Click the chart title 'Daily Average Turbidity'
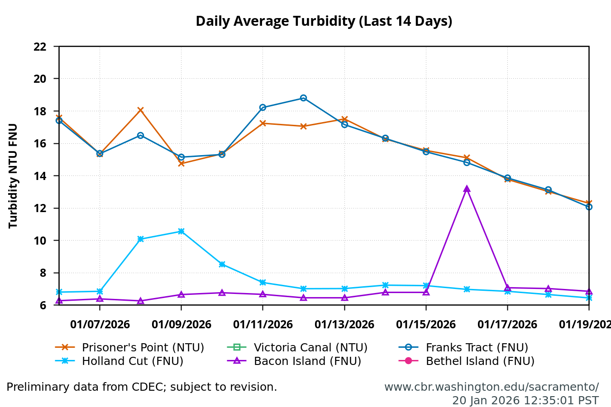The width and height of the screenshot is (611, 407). pyautogui.click(x=324, y=21)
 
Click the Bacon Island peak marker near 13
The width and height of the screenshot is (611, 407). pyautogui.click(x=467, y=189)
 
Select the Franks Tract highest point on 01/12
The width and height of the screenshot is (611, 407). pyautogui.click(x=303, y=98)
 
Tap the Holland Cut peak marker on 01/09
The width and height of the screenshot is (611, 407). pyautogui.click(x=181, y=231)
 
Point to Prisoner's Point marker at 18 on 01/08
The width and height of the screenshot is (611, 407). pyautogui.click(x=140, y=110)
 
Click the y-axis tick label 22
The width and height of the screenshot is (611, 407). pyautogui.click(x=40, y=47)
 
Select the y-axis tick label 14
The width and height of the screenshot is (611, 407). pyautogui.click(x=40, y=176)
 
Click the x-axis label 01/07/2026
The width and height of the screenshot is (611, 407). pyautogui.click(x=100, y=325)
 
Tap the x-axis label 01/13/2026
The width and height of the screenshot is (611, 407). pyautogui.click(x=344, y=325)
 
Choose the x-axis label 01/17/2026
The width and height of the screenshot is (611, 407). pyautogui.click(x=507, y=325)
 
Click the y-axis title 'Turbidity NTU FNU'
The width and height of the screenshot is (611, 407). pyautogui.click(x=13, y=175)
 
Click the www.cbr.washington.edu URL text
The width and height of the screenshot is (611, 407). pyautogui.click(x=491, y=387)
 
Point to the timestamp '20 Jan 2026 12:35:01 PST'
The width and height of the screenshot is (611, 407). pyautogui.click(x=525, y=401)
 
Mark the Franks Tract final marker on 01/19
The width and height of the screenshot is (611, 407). pyautogui.click(x=588, y=207)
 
